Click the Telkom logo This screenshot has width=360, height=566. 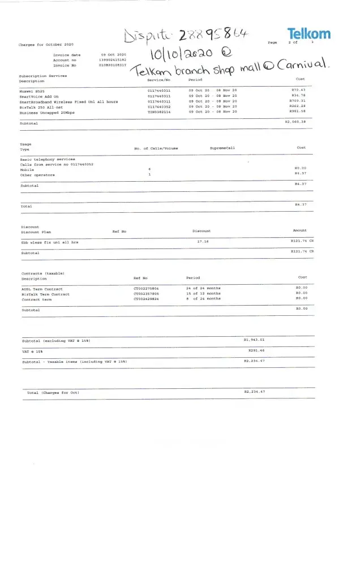coord(308,34)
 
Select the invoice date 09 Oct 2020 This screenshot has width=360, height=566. coord(113,55)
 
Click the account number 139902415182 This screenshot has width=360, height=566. coord(114,59)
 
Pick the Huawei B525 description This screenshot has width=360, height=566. coord(32,91)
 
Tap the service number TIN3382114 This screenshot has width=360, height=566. coord(158,112)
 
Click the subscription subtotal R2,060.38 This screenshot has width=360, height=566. coord(295,122)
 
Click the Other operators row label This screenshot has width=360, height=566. coord(37,175)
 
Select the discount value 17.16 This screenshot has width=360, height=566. coord(203,242)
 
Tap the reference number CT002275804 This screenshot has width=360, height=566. coord(146,289)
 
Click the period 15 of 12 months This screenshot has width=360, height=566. coord(203,294)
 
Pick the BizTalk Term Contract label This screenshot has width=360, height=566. coord(45,294)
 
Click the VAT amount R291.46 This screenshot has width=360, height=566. coord(256,351)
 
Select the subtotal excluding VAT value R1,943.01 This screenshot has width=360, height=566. coord(254,340)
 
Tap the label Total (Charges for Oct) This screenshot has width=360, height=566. coord(53,392)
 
